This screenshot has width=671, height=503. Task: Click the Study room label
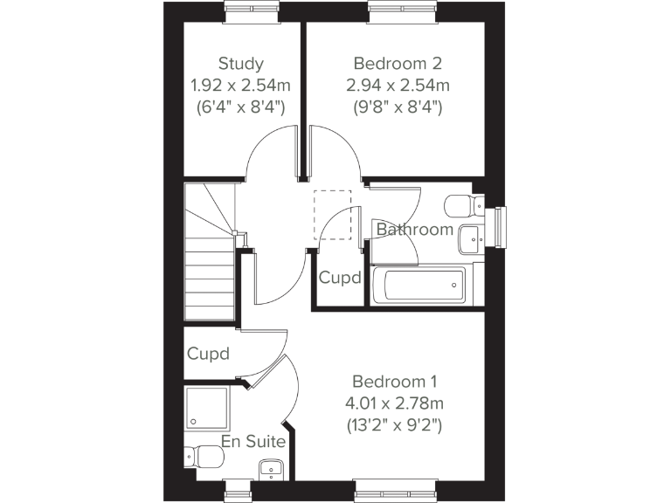(x=241, y=63)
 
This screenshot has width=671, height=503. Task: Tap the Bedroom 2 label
(x=398, y=63)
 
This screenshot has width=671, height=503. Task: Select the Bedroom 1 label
(x=394, y=382)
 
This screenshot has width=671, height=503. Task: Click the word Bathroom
(x=415, y=230)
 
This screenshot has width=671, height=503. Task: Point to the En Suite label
(x=253, y=442)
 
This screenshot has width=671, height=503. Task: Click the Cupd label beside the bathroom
(x=340, y=279)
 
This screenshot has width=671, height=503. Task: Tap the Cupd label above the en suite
(x=208, y=354)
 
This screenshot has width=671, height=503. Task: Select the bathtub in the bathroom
(x=418, y=285)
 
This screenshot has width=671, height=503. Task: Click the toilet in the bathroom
(x=462, y=206)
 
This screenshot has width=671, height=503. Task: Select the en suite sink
(x=271, y=471)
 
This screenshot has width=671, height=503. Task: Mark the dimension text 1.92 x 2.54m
(x=241, y=86)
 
